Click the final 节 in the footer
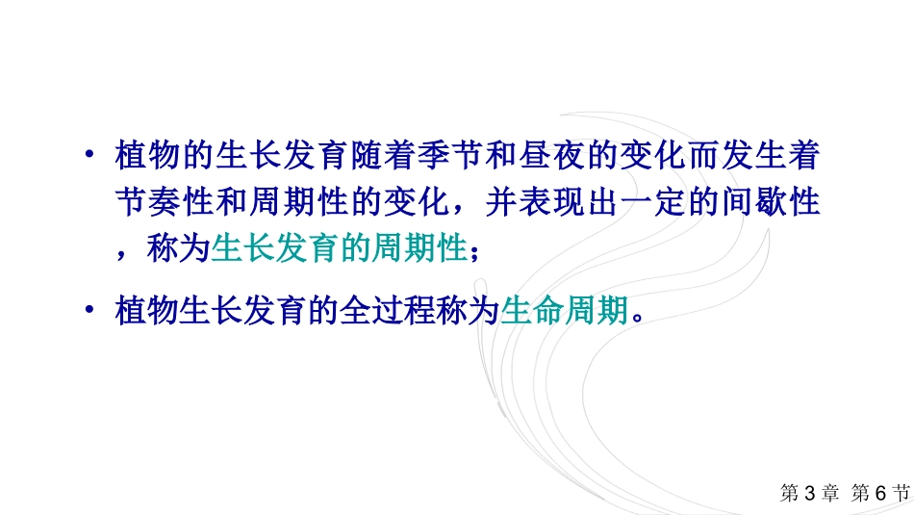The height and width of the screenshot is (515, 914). pyautogui.click(x=901, y=493)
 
